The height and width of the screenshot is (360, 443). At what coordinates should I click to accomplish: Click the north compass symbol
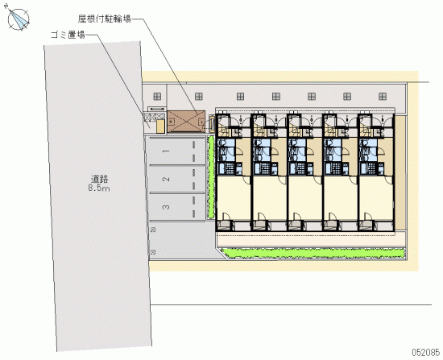point(18,19)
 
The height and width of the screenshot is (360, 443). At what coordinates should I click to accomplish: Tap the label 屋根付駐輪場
point(105,19)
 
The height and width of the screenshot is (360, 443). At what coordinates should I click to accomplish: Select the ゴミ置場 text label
point(68,35)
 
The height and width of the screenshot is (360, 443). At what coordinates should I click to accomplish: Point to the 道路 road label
point(99,179)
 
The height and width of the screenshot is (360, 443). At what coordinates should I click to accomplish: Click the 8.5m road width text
point(99,188)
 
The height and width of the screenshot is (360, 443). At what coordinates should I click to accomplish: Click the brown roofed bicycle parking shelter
point(186,122)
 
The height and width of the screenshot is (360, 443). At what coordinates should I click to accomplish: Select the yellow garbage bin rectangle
point(160,126)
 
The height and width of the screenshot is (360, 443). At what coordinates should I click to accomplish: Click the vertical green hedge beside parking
point(211,177)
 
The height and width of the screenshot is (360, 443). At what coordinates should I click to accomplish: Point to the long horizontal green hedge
point(313,253)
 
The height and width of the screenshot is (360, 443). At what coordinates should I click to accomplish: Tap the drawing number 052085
point(426,353)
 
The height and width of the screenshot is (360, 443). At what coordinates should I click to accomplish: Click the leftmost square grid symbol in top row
point(157,97)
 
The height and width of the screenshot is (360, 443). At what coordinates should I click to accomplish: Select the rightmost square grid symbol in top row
point(383,97)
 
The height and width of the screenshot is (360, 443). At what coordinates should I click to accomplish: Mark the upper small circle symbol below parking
point(153,230)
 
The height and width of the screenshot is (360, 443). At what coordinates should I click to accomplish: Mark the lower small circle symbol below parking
point(153,252)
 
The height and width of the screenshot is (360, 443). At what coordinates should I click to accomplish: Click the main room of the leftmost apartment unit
point(234,198)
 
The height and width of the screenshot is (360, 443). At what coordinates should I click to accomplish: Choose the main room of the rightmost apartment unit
point(376,198)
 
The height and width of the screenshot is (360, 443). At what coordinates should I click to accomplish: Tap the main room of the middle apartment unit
point(304,198)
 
